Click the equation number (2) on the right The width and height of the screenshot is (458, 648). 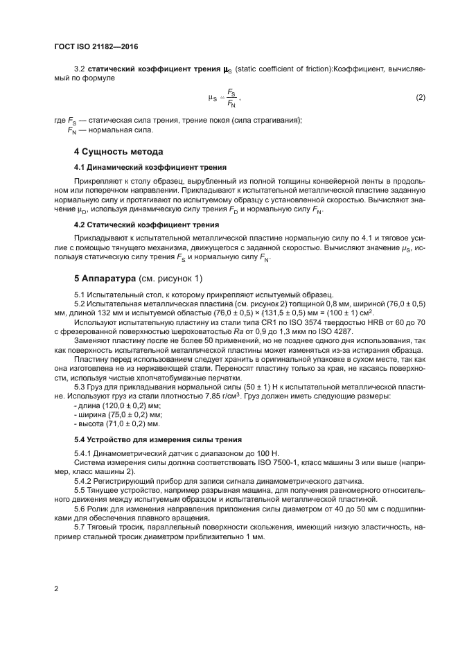(420, 98)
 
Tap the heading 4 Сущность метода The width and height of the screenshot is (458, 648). (118, 151)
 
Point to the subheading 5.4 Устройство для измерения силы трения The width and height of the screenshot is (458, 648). (158, 439)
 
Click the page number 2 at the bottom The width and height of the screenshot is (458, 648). (55, 589)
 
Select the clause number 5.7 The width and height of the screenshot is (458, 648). (81, 527)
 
